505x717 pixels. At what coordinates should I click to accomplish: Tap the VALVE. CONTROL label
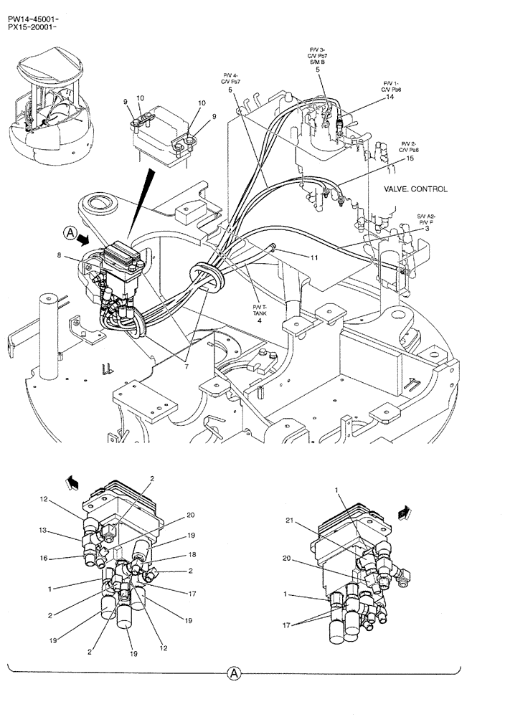pos(416,189)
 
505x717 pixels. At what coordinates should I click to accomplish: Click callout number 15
pos(410,159)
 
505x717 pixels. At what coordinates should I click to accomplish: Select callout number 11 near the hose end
pos(314,256)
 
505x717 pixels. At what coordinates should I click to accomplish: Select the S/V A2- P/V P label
pos(427,221)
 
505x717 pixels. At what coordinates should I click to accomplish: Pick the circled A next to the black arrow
pos(69,232)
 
